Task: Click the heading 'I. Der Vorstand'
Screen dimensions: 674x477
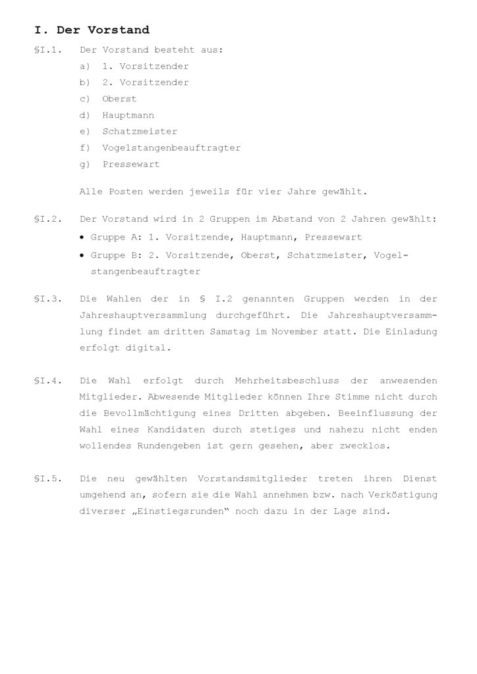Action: pos(92,30)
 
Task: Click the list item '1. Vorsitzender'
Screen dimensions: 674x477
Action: pos(146,66)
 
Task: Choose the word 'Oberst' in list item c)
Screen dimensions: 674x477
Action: pos(119,99)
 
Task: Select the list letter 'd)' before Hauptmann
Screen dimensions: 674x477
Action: pos(84,115)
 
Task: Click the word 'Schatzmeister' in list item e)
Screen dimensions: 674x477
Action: pos(140,132)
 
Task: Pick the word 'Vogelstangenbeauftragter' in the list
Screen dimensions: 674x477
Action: pos(171,148)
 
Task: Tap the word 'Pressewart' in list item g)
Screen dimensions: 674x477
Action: pos(131,165)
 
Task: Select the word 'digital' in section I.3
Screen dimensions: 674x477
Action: pos(153,348)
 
